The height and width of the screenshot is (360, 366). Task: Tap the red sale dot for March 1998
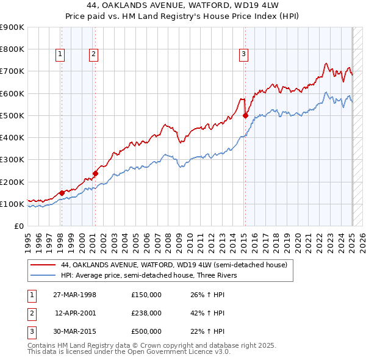(x=62, y=193)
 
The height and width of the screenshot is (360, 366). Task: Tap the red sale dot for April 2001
(x=95, y=173)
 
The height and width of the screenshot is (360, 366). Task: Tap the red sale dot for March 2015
(x=245, y=115)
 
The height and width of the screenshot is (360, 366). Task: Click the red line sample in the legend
(x=43, y=265)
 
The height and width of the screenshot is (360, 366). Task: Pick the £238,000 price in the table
(x=146, y=313)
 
